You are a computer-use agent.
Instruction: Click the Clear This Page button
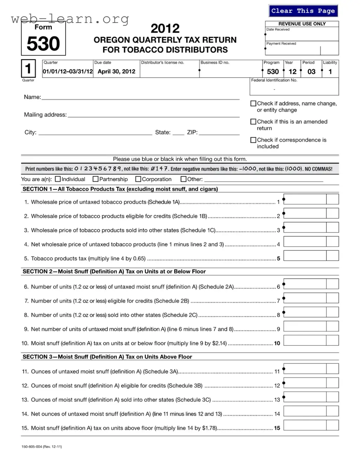point(303,11)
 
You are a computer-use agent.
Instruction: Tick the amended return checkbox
point(253,122)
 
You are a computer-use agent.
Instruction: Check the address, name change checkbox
point(253,103)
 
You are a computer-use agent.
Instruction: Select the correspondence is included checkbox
point(253,140)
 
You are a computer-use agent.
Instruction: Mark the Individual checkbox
point(58,179)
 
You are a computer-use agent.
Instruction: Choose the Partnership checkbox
point(96,179)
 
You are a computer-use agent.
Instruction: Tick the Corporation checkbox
point(138,179)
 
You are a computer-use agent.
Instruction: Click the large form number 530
point(43,44)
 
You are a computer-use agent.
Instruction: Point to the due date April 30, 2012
point(116,71)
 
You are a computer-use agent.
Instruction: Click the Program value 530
point(273,72)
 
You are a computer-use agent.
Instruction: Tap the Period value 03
point(311,72)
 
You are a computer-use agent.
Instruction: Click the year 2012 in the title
point(165,28)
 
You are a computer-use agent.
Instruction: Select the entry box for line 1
point(305,199)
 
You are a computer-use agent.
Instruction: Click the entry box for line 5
point(305,256)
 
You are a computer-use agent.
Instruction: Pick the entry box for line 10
point(305,340)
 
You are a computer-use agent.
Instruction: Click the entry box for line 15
point(305,425)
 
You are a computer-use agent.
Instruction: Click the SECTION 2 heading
point(114,271)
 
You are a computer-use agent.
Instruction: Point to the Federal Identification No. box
point(294,87)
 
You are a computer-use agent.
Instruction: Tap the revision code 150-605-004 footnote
point(41,447)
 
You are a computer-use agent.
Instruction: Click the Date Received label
point(278,29)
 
